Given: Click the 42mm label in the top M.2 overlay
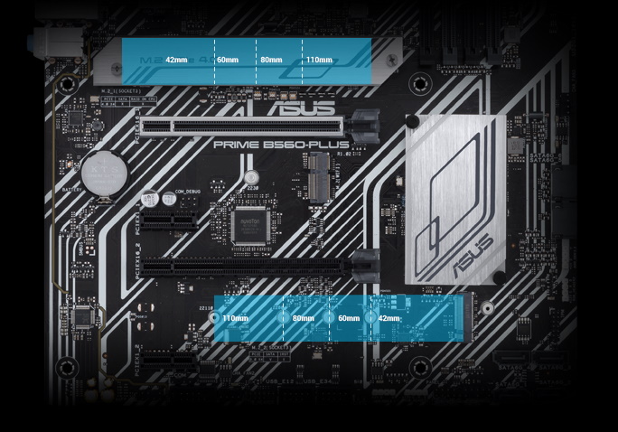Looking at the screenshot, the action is pos(176,60).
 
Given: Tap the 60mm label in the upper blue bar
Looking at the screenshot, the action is pos(228,60).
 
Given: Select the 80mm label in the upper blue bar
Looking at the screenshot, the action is pos(271,60).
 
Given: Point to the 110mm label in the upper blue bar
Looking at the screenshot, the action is pos(319,60).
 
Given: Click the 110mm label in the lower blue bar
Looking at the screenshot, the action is pos(235,318).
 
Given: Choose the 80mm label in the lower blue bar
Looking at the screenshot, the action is pos(303,318).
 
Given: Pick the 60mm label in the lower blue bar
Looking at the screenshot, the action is pos(348,318).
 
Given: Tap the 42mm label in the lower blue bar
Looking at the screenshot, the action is pos(389,318).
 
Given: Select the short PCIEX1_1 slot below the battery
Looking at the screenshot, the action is pos(172,221).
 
